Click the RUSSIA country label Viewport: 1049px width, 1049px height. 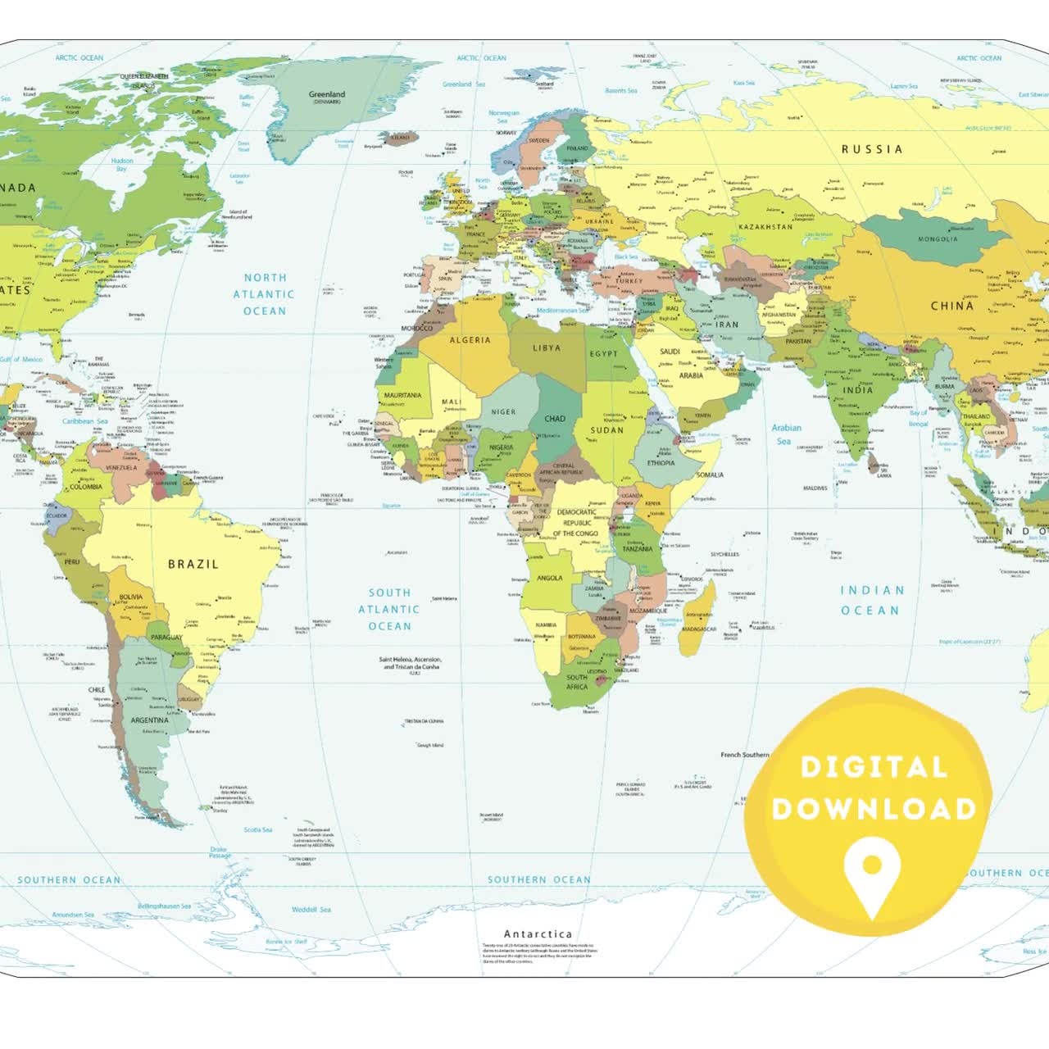[x=872, y=149]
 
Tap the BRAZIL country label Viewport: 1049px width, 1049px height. [x=193, y=564]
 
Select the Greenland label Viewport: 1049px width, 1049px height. [x=327, y=95]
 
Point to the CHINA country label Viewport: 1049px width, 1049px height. [x=951, y=306]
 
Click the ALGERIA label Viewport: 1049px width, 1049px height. [x=470, y=340]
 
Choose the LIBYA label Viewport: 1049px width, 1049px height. [x=547, y=348]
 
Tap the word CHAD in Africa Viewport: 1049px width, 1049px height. [x=555, y=419]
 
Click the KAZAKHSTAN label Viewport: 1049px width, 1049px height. [x=765, y=226]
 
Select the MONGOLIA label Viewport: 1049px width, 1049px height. [x=937, y=239]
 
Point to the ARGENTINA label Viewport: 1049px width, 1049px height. [x=149, y=720]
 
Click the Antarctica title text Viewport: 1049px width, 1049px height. [x=538, y=934]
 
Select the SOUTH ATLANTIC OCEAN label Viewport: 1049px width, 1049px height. [x=389, y=609]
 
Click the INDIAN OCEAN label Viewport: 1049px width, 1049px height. [x=871, y=600]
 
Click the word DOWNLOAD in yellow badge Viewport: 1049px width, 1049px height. [x=874, y=809]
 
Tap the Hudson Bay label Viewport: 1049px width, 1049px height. [x=122, y=165]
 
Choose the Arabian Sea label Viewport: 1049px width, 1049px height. [x=785, y=434]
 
